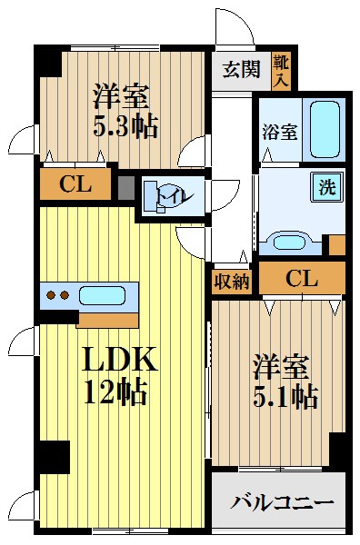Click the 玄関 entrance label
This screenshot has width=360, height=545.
(x=242, y=68)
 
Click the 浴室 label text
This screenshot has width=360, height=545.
(x=281, y=132)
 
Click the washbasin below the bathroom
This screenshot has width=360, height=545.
(x=289, y=243)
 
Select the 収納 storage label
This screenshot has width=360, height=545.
(x=232, y=281)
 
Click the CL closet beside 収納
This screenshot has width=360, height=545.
(x=301, y=279)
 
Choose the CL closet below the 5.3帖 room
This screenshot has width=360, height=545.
(x=75, y=184)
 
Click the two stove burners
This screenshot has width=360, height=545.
(x=57, y=295)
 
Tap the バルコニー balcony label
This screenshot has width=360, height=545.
(x=282, y=501)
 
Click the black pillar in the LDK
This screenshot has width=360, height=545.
(x=55, y=455)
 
